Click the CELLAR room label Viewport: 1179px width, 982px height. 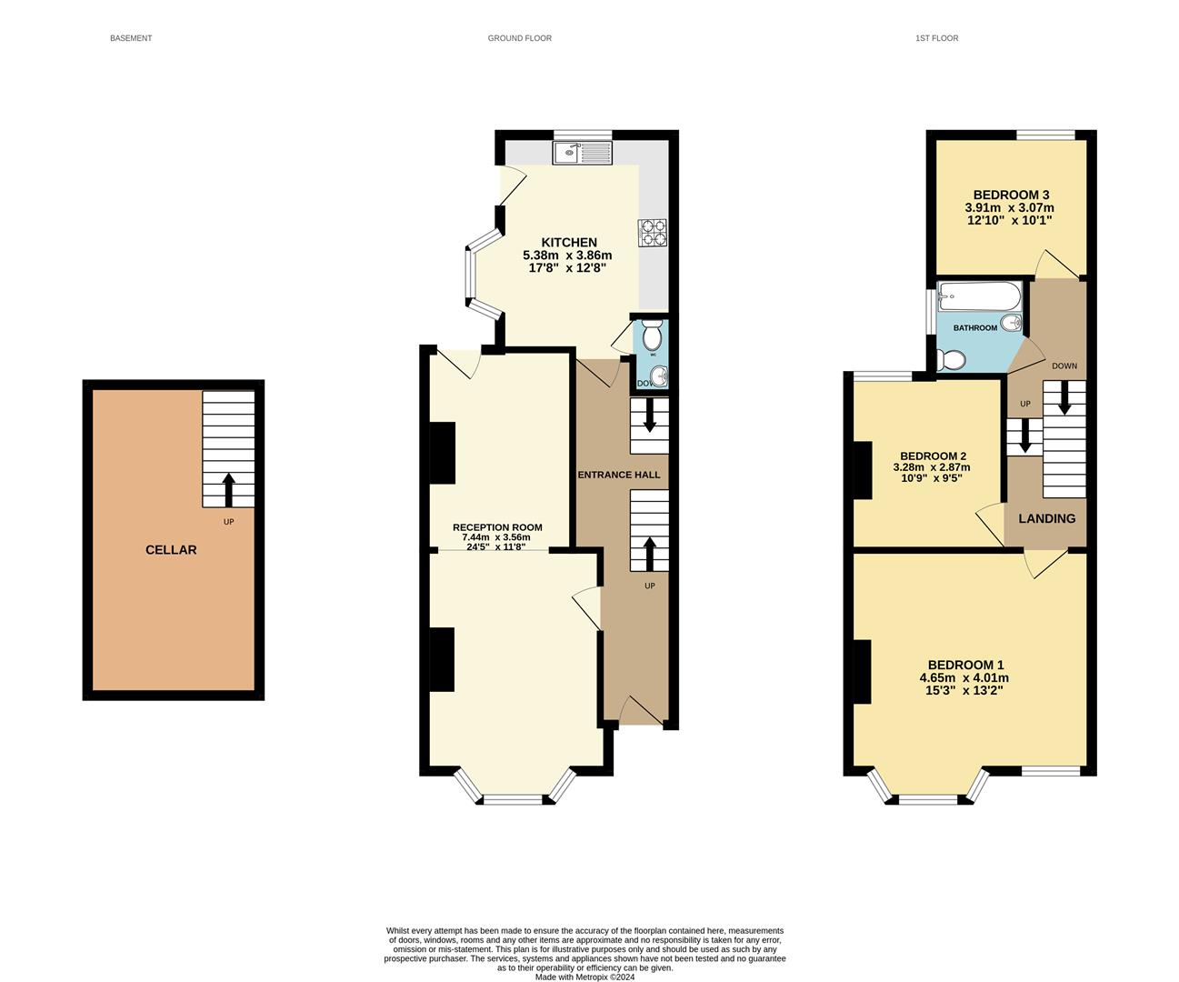coord(171,550)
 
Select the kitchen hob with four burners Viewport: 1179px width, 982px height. coord(653,233)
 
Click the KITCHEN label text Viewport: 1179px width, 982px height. coord(569,243)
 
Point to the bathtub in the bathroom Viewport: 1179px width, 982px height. coord(979,296)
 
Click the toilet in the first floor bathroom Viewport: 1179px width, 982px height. coord(951,361)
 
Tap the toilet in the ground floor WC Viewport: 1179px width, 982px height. coord(652,337)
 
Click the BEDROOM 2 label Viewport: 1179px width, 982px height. coord(933,456)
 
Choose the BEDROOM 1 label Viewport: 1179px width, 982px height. coord(965,665)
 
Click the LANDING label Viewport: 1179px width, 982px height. coord(1046,518)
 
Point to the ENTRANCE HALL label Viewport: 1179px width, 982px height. coord(619,475)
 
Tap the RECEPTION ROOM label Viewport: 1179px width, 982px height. coord(497,527)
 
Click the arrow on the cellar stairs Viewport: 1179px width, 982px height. coord(228,489)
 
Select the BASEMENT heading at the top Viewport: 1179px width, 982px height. coord(131,38)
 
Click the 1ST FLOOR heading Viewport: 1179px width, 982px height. coord(936,38)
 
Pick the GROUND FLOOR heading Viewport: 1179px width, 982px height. coord(519,38)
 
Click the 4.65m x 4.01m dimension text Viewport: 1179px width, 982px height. coord(964,677)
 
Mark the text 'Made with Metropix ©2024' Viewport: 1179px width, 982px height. coord(585,977)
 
